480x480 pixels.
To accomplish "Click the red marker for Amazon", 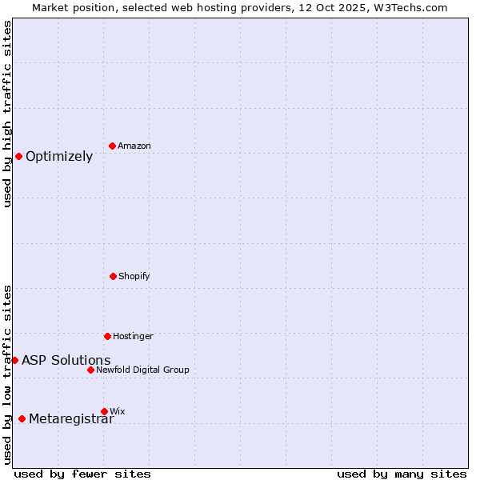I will tap(112, 146).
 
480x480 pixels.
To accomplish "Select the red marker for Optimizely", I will tap(18, 156).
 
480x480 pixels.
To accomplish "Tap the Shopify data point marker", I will tap(113, 276).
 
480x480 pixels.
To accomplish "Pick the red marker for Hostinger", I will tap(107, 336).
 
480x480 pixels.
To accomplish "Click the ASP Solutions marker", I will tap(14, 360).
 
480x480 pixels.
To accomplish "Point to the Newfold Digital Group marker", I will tap(90, 370).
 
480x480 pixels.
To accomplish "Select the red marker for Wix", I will tap(104, 411).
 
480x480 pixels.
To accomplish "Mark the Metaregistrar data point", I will tap(22, 418).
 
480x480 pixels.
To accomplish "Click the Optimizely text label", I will tap(59, 157).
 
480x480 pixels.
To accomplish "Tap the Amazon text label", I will tap(134, 146).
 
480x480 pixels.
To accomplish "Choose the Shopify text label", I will tap(134, 276).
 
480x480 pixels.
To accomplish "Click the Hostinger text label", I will tap(133, 336).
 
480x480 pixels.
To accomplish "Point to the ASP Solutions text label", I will tap(66, 361).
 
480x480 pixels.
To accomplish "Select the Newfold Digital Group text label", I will tap(142, 370).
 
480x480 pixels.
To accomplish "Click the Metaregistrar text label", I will tap(71, 419).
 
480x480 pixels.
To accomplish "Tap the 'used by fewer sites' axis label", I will tap(82, 474).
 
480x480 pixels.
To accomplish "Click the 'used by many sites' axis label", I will tap(402, 474).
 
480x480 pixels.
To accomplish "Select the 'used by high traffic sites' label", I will tap(7, 114).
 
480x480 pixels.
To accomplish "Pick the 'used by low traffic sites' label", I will tap(7, 374).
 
